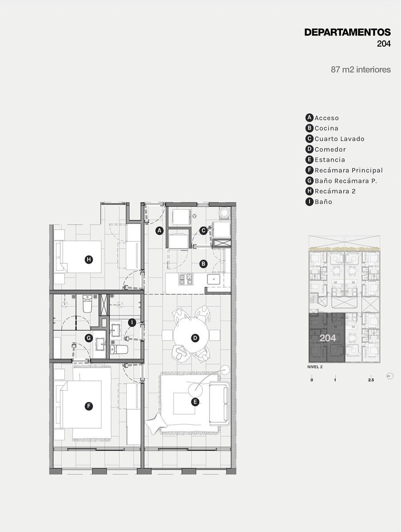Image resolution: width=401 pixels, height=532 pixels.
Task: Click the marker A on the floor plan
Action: (x=159, y=231)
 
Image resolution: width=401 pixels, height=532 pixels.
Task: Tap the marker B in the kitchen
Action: (x=203, y=264)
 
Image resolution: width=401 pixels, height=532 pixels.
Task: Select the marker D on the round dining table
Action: (x=195, y=338)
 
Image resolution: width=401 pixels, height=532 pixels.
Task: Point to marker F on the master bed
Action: (x=89, y=406)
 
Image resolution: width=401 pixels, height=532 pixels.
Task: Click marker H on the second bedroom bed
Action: (x=89, y=260)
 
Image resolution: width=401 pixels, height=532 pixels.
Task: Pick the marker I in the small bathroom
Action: (x=132, y=323)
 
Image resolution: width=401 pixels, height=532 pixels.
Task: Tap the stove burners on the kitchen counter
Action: (x=186, y=279)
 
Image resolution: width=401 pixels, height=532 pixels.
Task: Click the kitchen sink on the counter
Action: (x=214, y=279)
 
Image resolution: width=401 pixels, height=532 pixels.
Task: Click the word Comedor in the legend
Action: (x=330, y=149)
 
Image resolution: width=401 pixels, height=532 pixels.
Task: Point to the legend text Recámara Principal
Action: (x=349, y=170)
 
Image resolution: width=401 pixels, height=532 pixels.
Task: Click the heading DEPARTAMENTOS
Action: (x=348, y=32)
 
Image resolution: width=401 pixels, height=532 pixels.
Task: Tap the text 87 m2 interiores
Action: (x=361, y=70)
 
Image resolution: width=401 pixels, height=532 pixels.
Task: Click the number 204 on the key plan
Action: (x=328, y=338)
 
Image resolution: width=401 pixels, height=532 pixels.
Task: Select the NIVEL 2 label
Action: (x=315, y=367)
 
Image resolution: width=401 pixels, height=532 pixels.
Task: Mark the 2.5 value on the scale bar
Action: (x=371, y=380)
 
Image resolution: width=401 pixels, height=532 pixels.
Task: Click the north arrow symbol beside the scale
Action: (x=390, y=376)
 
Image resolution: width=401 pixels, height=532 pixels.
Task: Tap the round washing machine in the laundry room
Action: (x=225, y=213)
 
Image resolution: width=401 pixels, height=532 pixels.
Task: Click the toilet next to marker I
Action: (x=119, y=349)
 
